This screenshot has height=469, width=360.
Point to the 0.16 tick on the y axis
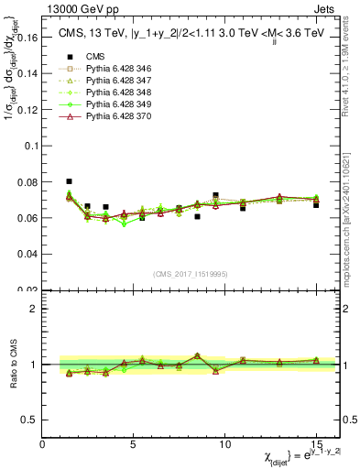pyautogui.click(x=27, y=39)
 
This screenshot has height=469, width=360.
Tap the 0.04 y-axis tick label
pyautogui.click(x=27, y=254)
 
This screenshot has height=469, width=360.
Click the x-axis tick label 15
pyautogui.click(x=316, y=444)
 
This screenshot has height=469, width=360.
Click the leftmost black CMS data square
pyautogui.click(x=70, y=181)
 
